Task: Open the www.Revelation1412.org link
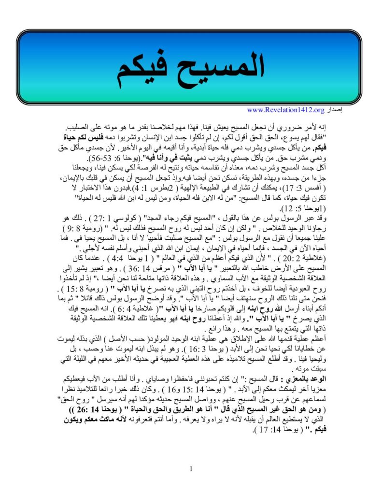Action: point(286,110)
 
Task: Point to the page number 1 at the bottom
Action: point(191,468)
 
